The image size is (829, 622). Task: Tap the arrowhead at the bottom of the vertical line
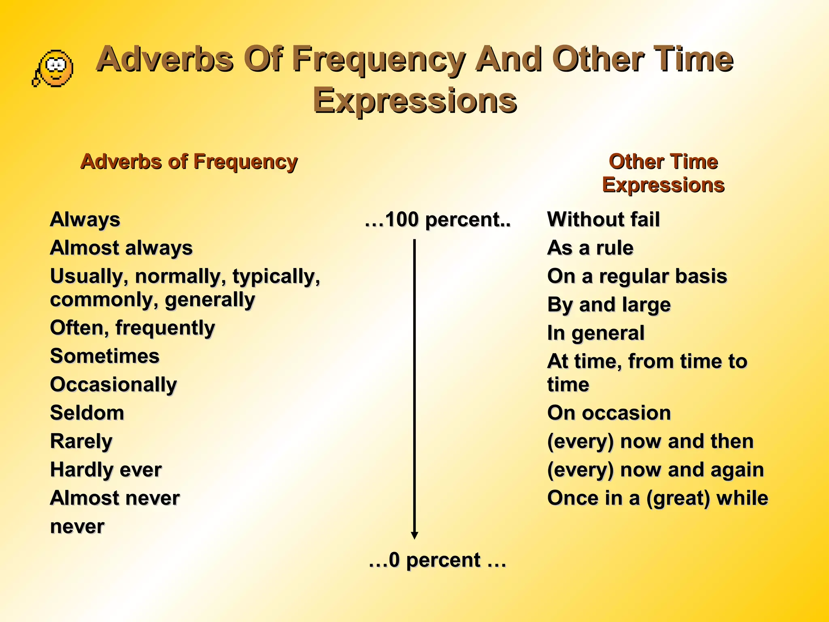(414, 535)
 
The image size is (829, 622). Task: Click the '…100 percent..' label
(438, 220)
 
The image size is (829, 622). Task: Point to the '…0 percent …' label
(438, 560)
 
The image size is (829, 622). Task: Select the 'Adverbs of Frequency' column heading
(189, 162)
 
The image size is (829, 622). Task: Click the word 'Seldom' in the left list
(87, 413)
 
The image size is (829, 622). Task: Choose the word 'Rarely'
(81, 441)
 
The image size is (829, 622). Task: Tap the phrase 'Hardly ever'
(106, 470)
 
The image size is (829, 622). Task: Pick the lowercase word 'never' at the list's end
(77, 526)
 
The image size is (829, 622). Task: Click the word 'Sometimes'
(105, 356)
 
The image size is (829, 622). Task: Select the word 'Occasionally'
(114, 385)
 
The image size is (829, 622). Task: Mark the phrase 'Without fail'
(604, 220)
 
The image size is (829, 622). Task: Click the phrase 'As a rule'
(590, 248)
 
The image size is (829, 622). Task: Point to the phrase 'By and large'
(609, 305)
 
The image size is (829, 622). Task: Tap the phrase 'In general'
(595, 333)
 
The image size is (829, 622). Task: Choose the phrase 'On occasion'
(609, 413)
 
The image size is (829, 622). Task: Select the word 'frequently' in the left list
(165, 328)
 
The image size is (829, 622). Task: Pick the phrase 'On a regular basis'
(637, 276)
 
